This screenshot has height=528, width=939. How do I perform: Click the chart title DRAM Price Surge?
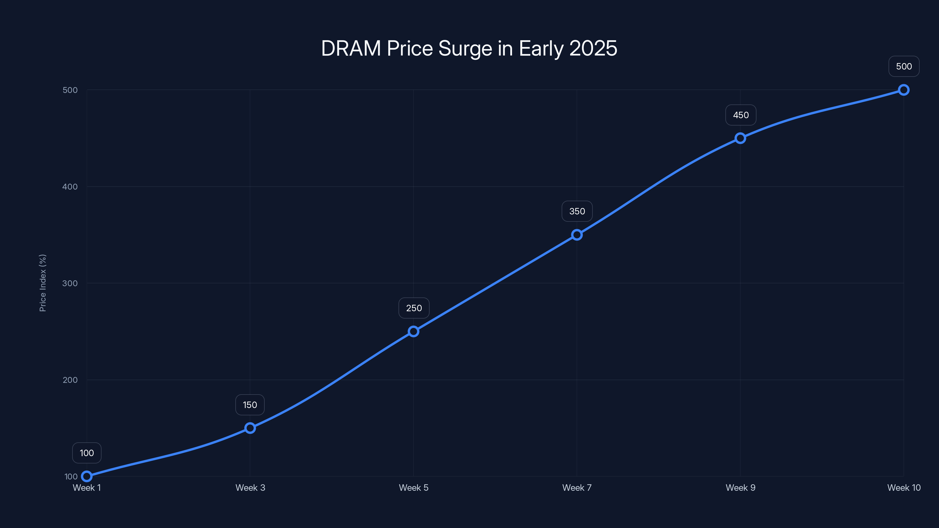[469, 48]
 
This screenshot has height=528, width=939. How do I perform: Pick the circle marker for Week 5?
[413, 331]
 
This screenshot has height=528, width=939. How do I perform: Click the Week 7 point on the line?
[577, 235]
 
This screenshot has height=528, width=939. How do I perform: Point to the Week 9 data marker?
[740, 138]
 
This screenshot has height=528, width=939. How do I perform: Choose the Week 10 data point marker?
[904, 90]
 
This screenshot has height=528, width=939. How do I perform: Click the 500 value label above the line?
[904, 66]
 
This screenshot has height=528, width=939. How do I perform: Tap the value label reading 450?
[741, 115]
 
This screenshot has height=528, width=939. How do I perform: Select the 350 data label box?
[577, 211]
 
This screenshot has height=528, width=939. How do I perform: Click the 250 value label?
[414, 308]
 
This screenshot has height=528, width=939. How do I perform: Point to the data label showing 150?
[250, 405]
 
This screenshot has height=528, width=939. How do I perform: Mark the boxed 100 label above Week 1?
[87, 453]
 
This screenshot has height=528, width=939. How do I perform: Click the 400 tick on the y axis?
[70, 187]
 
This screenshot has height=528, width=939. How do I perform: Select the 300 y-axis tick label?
[70, 283]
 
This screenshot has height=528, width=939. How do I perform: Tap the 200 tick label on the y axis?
[70, 380]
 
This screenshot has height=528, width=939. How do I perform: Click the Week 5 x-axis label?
[413, 488]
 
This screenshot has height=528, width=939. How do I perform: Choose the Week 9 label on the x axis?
[740, 488]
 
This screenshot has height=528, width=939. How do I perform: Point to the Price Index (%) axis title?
[43, 283]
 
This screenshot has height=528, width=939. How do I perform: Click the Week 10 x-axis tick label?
[904, 488]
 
